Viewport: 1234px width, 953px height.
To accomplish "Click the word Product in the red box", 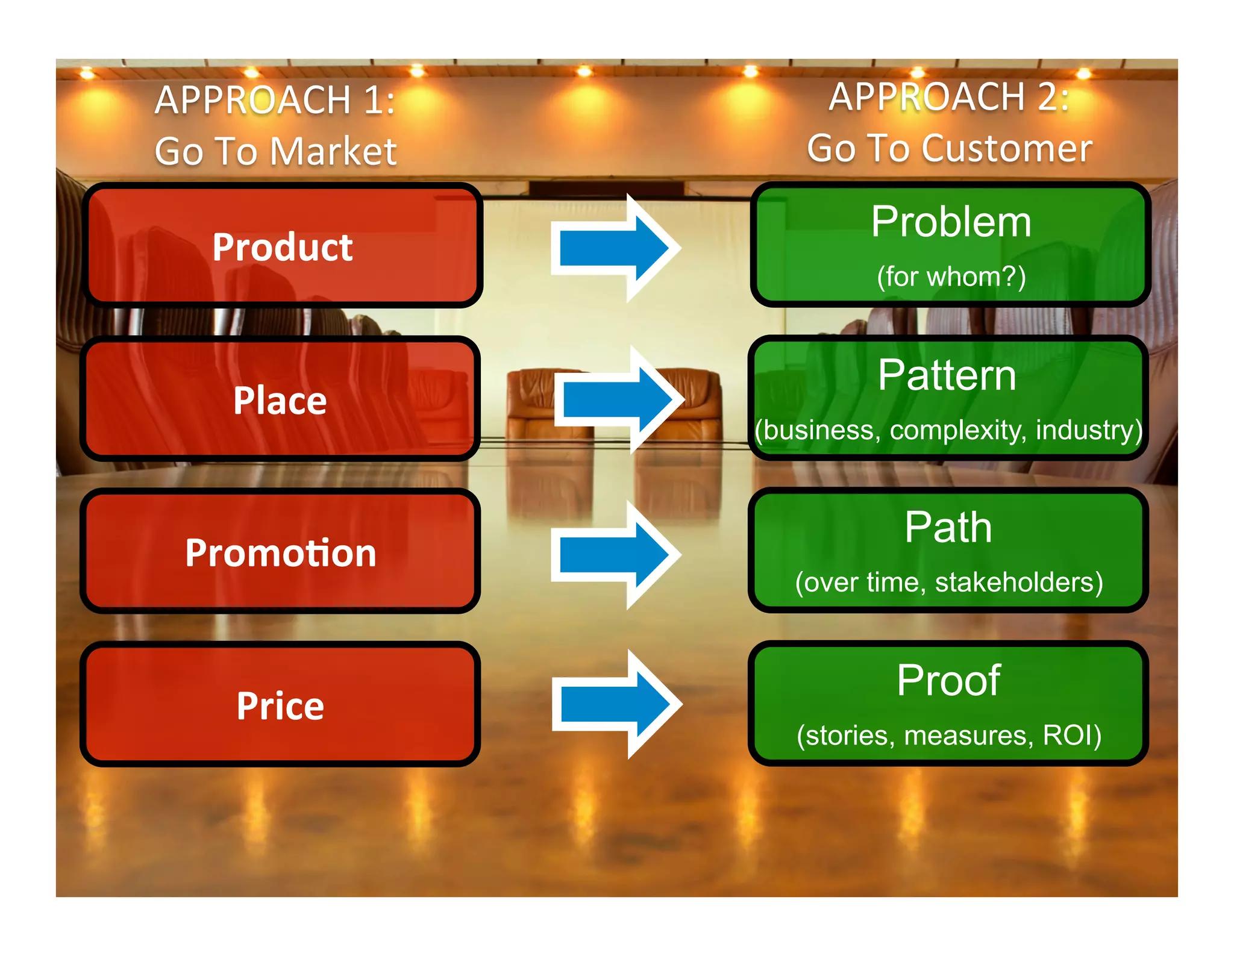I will point(282,248).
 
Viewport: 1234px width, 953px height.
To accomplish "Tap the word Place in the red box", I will point(280,401).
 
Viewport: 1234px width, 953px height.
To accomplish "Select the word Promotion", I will point(281,553).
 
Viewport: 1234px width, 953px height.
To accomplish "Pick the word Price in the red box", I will point(280,706).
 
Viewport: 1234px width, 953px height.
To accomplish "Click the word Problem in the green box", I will point(951,222).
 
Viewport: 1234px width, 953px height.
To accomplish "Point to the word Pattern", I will point(947,375).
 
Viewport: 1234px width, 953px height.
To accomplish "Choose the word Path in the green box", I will point(948,528).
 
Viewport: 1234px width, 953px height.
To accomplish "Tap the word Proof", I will point(948,681).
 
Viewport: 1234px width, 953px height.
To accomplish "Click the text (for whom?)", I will point(951,277).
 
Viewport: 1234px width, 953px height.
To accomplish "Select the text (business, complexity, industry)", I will point(948,430).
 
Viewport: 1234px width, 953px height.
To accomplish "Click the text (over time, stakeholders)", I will point(949,583).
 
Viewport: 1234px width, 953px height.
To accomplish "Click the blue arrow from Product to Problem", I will point(615,248).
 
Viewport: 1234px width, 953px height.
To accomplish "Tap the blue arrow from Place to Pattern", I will point(618,400).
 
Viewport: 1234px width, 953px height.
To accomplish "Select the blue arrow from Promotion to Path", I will point(615,554).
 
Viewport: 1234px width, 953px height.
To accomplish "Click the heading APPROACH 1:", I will point(275,100).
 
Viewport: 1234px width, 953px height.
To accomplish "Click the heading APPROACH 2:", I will point(949,97).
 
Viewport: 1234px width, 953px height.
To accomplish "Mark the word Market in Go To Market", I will point(333,151).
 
